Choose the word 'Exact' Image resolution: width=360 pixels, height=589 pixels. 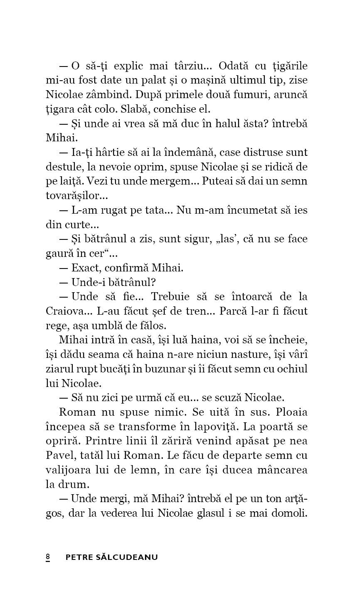point(86,268)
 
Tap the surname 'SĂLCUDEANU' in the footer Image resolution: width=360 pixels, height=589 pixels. point(126,557)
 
